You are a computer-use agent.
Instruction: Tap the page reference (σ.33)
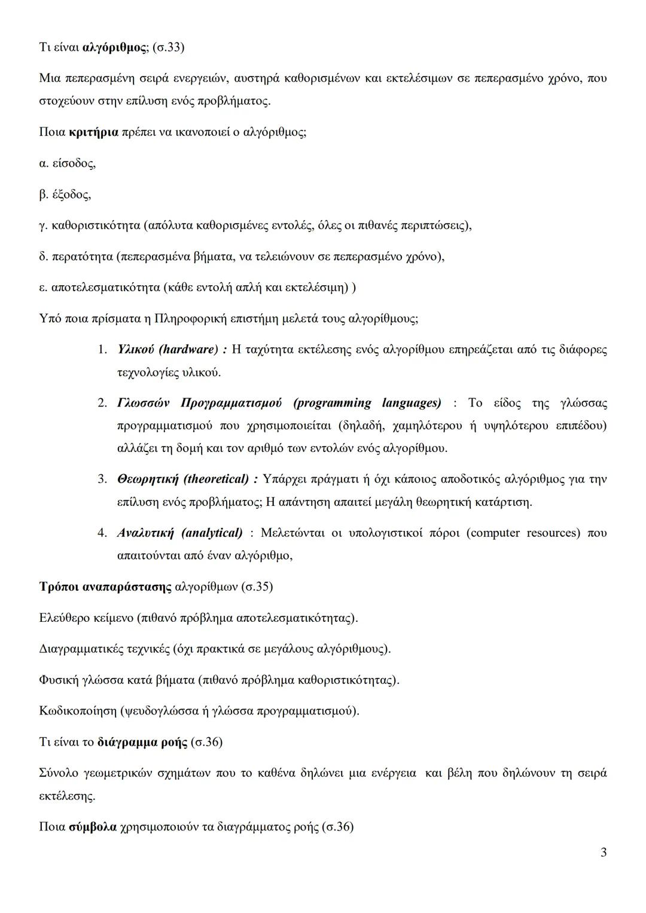coord(168,47)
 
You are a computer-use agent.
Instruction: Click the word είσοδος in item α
coord(74,163)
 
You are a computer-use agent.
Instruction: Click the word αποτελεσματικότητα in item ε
coord(106,288)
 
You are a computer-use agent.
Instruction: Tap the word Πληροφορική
coord(191,319)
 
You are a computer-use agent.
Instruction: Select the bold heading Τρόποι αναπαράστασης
coord(105,587)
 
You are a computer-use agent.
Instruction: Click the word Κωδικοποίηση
coord(77,711)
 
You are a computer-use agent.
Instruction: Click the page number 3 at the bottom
coord(604,853)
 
